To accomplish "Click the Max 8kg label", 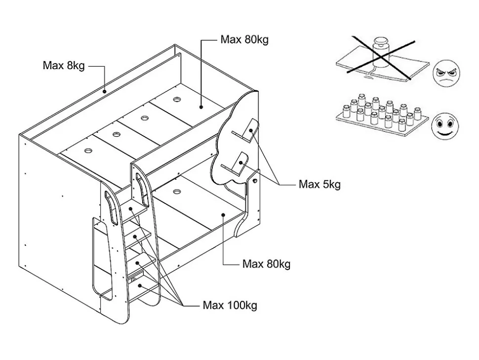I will [64, 66].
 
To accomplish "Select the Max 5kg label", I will [319, 185].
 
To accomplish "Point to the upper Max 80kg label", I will [244, 40].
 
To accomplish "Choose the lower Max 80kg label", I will [266, 264].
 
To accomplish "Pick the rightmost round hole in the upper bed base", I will [177, 99].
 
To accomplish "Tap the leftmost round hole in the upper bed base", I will [88, 150].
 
